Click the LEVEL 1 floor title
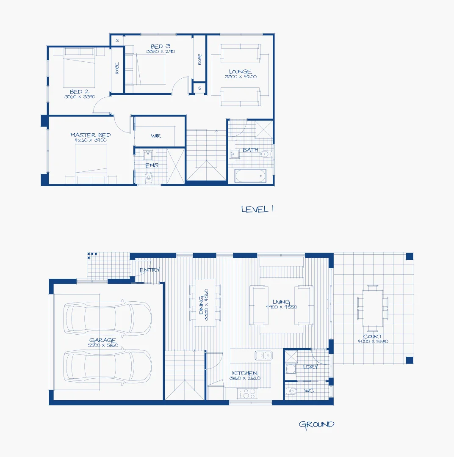click(257, 209)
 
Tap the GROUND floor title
click(316, 424)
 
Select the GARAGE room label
click(102, 340)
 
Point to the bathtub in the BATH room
click(251, 176)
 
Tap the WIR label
click(156, 136)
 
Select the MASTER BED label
click(90, 135)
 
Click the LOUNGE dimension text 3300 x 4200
click(240, 77)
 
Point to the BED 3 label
click(160, 46)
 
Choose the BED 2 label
click(79, 92)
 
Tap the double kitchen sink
click(263, 355)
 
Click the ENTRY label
click(149, 270)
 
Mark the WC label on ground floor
click(309, 391)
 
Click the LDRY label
click(310, 367)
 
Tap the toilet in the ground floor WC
click(291, 391)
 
